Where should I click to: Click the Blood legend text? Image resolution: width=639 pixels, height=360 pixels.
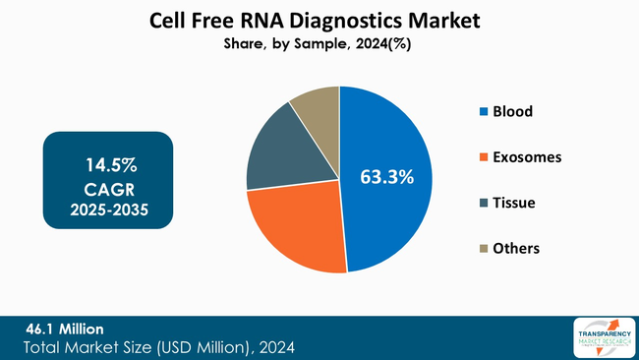(512, 111)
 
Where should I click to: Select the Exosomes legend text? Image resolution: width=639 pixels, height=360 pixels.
(527, 156)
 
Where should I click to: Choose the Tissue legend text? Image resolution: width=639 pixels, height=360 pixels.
(514, 203)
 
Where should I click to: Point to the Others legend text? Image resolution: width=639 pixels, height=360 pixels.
(516, 248)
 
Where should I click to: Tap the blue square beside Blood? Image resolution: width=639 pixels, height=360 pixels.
(482, 111)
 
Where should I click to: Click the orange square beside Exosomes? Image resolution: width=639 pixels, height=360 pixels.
(482, 156)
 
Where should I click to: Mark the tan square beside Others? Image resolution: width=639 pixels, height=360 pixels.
(482, 248)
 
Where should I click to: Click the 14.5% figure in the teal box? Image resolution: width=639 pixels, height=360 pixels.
(108, 160)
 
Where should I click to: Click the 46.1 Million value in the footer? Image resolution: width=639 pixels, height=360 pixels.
(64, 328)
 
